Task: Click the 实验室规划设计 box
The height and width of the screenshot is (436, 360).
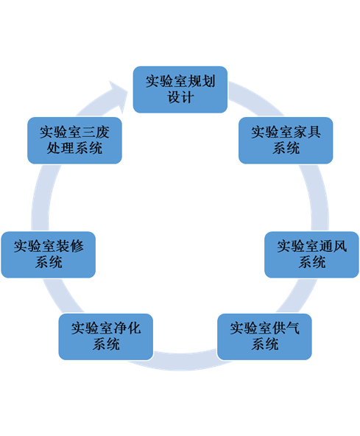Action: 180,90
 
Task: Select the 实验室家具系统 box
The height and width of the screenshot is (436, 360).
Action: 286,141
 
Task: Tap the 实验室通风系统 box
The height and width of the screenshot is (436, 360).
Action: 311,255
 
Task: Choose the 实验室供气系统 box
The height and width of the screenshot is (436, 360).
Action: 264,337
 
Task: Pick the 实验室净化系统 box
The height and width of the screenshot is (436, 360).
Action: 105,337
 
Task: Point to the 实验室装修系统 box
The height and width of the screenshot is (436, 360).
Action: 49,255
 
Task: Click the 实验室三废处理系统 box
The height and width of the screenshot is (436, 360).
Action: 74,141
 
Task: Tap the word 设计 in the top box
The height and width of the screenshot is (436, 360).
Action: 180,98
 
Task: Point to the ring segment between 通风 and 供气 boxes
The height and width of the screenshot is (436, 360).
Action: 295,296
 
